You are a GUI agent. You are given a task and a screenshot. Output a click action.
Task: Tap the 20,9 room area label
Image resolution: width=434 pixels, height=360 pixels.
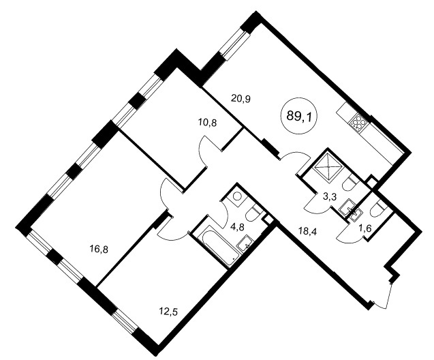click(x=241, y=99)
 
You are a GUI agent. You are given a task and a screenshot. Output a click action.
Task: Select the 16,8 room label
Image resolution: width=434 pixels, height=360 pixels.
click(x=99, y=250)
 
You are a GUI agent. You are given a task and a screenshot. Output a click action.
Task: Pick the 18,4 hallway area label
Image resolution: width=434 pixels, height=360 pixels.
click(x=307, y=230)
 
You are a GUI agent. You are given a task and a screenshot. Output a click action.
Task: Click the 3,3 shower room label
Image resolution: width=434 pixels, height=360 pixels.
click(x=330, y=197)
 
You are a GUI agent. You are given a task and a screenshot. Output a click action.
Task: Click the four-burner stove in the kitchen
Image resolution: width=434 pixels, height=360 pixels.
click(x=356, y=123)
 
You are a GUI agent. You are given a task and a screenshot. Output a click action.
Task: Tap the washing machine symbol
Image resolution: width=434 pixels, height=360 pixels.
click(x=237, y=196)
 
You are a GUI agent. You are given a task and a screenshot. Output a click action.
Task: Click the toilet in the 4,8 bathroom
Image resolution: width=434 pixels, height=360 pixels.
click(x=254, y=213)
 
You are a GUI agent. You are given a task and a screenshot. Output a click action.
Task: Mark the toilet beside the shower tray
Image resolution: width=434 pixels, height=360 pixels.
click(x=350, y=183)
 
